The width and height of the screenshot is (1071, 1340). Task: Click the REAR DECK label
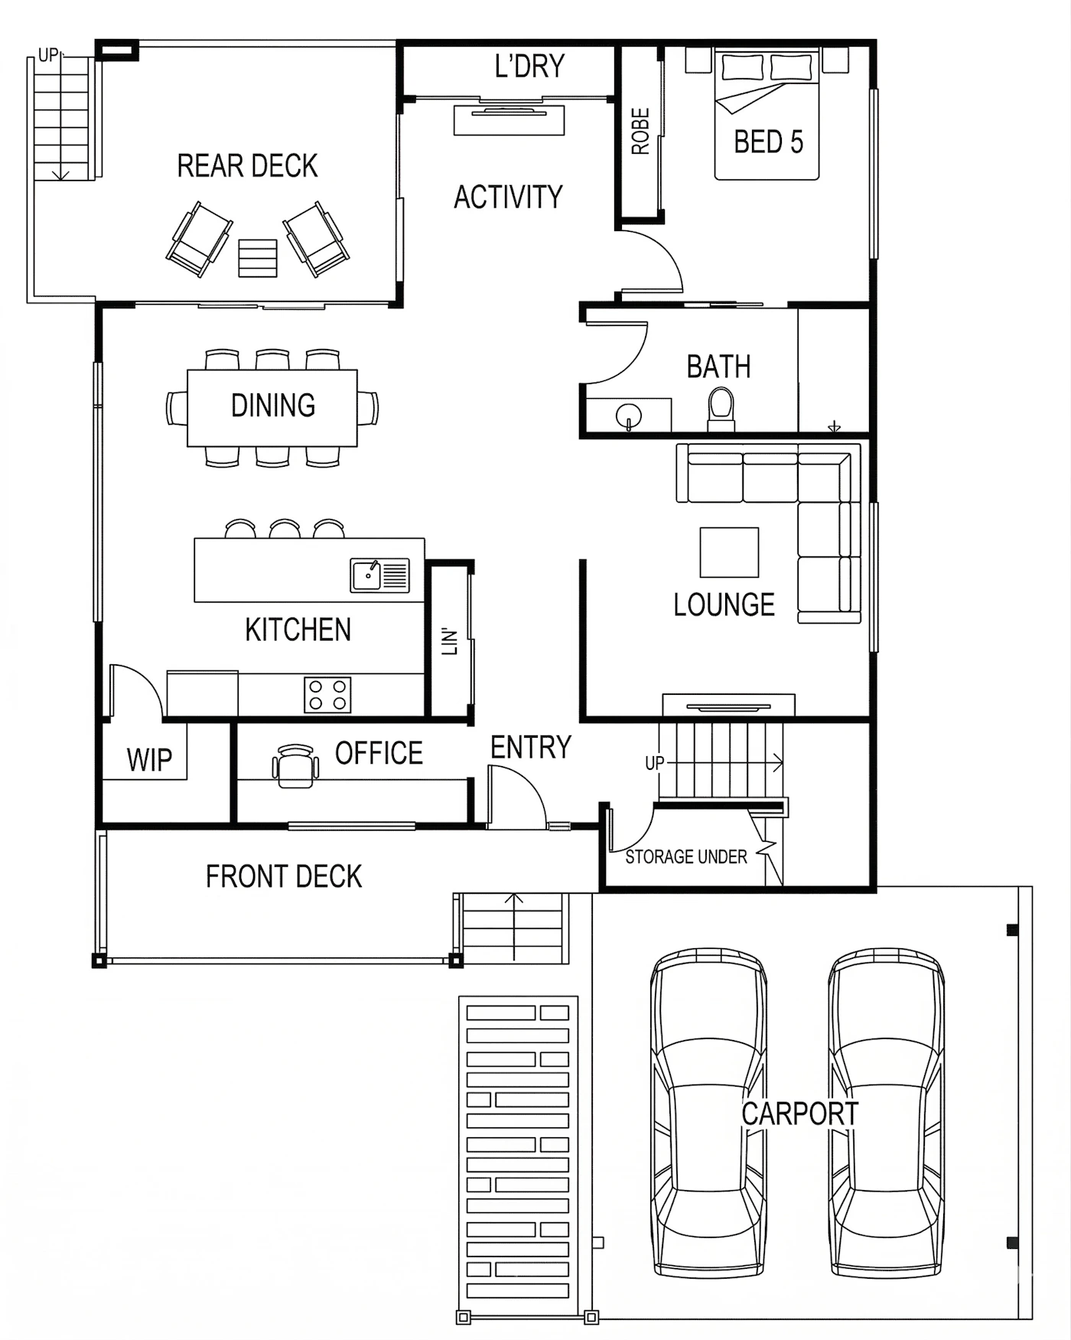[x=247, y=166]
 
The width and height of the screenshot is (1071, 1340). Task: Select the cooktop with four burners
[x=327, y=695]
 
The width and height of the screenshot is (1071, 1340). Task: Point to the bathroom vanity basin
[x=629, y=416]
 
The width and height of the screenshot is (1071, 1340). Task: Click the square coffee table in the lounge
[x=729, y=552]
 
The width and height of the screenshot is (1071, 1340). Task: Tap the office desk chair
[x=295, y=766]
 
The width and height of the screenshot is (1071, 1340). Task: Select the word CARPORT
[x=799, y=1113]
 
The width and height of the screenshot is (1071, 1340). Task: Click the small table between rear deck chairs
[x=258, y=258]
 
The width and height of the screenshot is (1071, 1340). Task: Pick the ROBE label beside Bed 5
[x=640, y=131]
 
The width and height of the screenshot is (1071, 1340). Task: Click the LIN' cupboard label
[x=450, y=641]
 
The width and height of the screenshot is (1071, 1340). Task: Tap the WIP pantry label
[x=149, y=760]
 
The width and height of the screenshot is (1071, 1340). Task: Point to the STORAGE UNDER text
[x=685, y=856]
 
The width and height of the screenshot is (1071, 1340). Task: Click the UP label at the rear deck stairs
[x=47, y=55]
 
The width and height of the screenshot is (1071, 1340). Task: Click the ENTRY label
[x=530, y=747]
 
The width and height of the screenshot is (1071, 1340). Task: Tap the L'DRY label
[x=529, y=67]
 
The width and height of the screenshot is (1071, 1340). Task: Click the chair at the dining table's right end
[x=368, y=408]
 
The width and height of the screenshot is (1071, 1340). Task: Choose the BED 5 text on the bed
[x=768, y=142]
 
